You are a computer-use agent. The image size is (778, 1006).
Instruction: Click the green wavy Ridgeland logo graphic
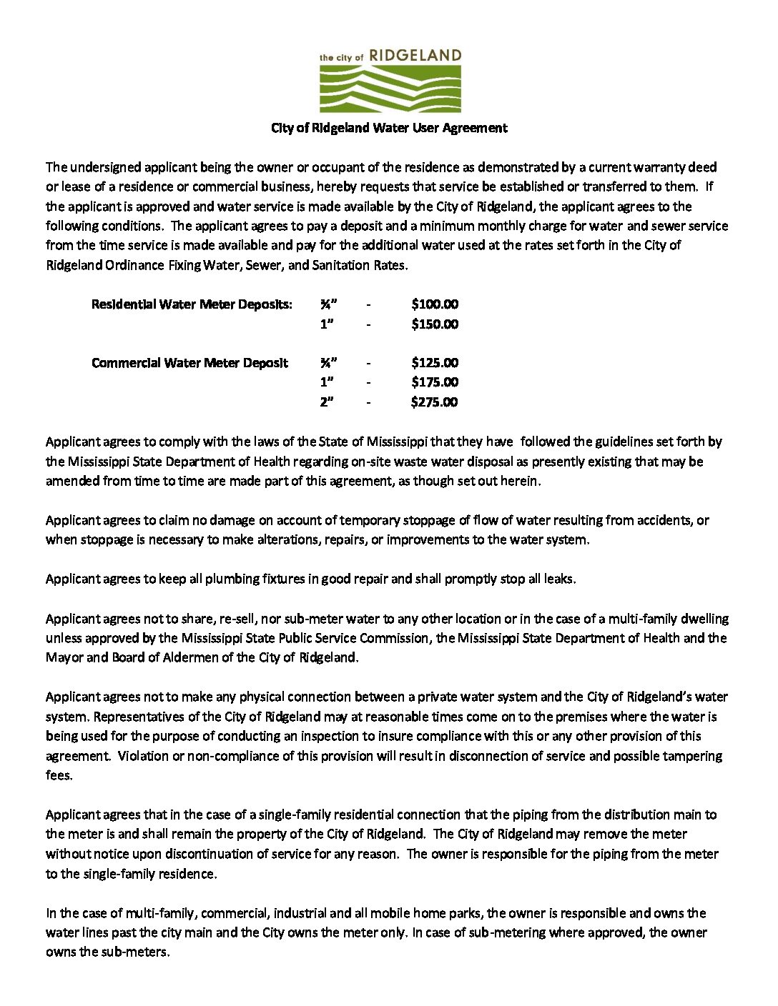390,89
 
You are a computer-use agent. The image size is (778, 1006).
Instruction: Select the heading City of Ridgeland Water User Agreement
389,128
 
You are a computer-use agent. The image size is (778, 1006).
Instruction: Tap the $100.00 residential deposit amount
435,304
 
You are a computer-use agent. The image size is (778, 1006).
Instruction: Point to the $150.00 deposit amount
435,324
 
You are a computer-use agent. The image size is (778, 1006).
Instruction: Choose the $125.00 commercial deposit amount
435,363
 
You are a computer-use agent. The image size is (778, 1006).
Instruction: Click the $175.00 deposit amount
435,382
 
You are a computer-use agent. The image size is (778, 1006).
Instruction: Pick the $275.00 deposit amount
435,402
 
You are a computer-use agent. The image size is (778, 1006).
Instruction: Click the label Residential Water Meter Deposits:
192,304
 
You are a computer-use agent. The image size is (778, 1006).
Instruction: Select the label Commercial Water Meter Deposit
189,363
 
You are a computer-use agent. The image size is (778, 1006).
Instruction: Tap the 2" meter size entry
327,402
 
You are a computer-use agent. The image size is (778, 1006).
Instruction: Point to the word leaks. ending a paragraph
559,579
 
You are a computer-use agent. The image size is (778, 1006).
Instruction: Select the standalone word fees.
59,775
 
